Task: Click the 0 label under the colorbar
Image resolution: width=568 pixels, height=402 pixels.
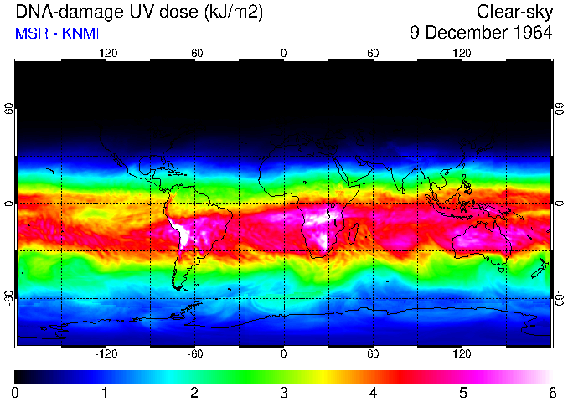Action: [x=16, y=392]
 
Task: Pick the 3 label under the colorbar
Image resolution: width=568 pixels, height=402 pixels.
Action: [x=284, y=392]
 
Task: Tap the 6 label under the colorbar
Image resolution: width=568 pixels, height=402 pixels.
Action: [x=552, y=392]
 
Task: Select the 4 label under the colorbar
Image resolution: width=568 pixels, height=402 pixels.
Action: [x=374, y=392]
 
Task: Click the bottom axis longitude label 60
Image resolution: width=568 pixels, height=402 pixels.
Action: [x=373, y=354]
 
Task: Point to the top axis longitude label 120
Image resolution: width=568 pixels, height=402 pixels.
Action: [x=462, y=53]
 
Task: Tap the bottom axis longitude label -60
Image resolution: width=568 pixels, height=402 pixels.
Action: [x=194, y=354]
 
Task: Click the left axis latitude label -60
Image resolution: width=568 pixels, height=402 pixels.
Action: [x=9, y=295]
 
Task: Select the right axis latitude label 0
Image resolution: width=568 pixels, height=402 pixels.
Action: [x=559, y=204]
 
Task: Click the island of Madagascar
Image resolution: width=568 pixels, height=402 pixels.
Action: [x=354, y=234]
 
